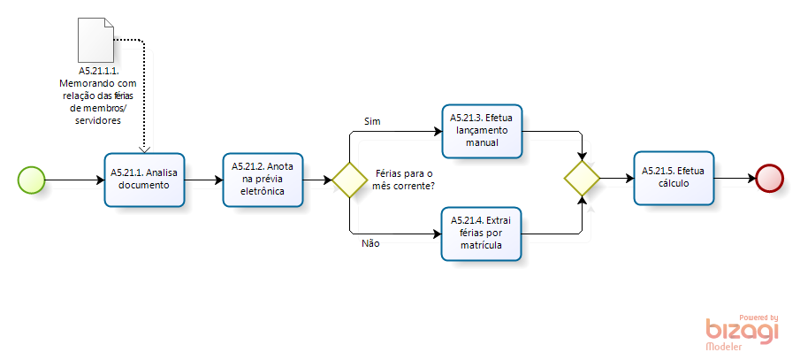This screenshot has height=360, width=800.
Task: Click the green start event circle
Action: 31,179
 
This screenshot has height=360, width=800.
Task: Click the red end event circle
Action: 770,177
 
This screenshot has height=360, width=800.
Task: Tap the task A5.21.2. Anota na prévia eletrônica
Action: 263,179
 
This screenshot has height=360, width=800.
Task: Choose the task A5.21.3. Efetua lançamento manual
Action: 482,131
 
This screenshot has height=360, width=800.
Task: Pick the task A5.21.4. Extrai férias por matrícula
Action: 481,233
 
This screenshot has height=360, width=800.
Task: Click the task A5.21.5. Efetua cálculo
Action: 674,177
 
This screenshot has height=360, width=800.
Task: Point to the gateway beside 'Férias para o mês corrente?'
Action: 349,180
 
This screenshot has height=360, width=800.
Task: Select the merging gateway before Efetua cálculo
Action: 582,178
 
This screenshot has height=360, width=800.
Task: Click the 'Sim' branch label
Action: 372,119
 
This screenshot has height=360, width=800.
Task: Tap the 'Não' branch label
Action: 371,242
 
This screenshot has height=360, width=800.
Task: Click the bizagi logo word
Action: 742,330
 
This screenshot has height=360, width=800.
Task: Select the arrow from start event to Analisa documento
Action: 73,180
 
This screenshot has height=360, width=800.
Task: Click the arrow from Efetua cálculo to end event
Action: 735,177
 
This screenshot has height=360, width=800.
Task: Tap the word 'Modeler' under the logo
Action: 724,348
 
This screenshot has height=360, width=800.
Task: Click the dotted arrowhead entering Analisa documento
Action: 144,148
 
